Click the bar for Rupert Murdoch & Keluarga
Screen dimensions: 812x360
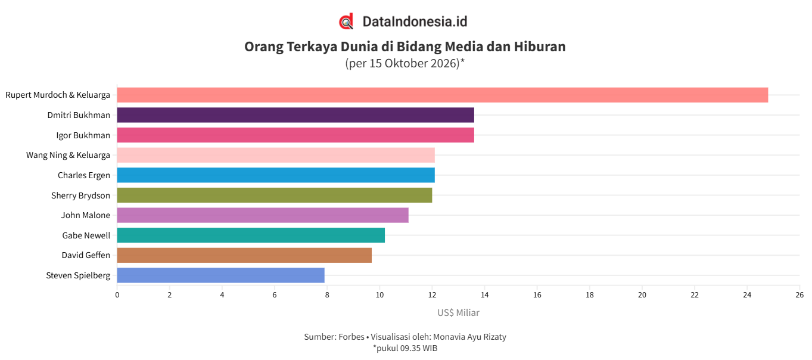pyautogui.click(x=442, y=95)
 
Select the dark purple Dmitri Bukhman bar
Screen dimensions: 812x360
pyautogui.click(x=295, y=115)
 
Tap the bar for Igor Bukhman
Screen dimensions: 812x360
pyautogui.click(x=295, y=135)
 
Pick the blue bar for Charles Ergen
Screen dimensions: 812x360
pyautogui.click(x=276, y=175)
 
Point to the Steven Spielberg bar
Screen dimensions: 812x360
pyautogui.click(x=221, y=275)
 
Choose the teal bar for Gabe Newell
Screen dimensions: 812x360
pyautogui.click(x=251, y=235)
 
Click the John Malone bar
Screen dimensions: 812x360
pyautogui.click(x=263, y=215)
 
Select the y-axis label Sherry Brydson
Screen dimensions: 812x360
pyautogui.click(x=80, y=195)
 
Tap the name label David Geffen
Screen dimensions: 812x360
pyautogui.click(x=86, y=255)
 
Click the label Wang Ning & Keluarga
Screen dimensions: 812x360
pyautogui.click(x=68, y=155)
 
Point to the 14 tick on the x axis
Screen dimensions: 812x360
pyautogui.click(x=485, y=295)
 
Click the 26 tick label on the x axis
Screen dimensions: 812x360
pyautogui.click(x=799, y=295)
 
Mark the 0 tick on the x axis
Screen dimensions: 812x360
pyautogui.click(x=117, y=295)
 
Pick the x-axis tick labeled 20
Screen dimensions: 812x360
pyautogui.click(x=642, y=295)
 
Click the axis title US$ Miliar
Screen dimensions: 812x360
pyautogui.click(x=458, y=312)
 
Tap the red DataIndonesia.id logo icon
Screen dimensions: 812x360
pyautogui.click(x=346, y=21)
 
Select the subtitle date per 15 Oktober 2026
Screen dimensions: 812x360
pyautogui.click(x=404, y=63)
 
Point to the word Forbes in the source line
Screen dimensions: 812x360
pyautogui.click(x=351, y=337)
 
